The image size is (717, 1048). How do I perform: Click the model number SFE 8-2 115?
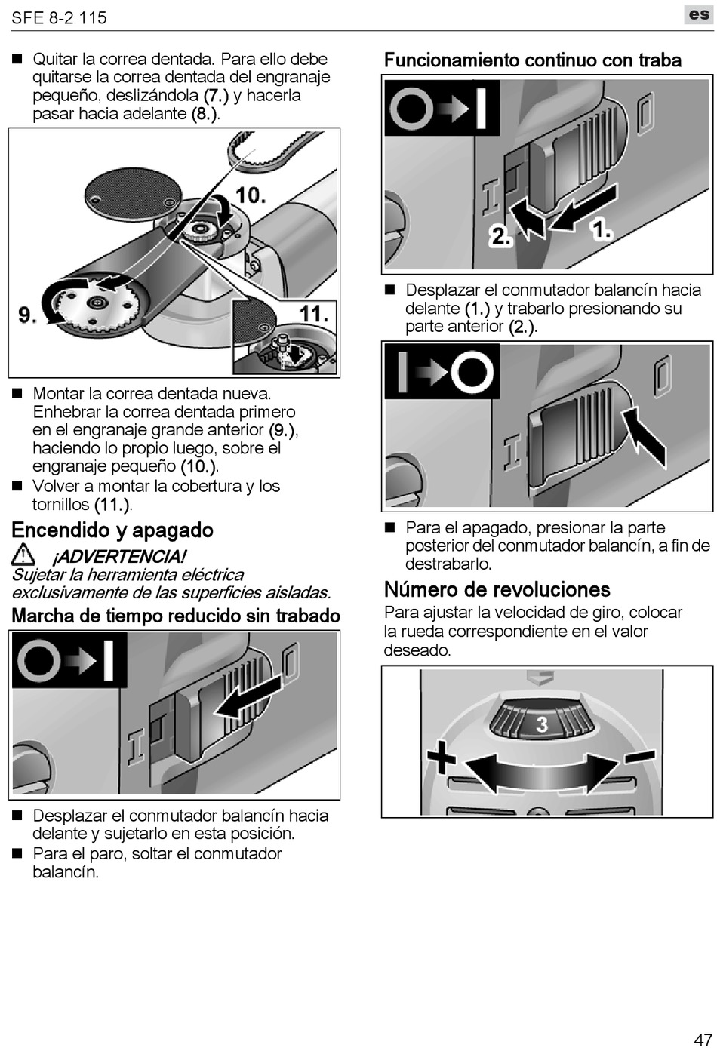click(59, 17)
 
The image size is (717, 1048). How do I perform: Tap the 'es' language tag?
click(697, 15)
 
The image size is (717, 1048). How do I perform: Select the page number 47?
click(703, 1038)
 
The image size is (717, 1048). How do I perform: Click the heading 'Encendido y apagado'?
click(112, 530)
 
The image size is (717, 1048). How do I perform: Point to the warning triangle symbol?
click(24, 556)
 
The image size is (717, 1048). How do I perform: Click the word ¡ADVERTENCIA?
click(118, 557)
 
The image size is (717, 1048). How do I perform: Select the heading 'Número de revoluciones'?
click(497, 589)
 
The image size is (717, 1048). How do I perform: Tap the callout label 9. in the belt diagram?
click(28, 314)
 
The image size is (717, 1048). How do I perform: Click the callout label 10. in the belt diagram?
click(251, 195)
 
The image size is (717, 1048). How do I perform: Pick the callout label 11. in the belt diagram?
click(314, 312)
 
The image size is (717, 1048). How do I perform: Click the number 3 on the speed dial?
click(542, 725)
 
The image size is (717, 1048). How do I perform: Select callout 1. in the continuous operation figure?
click(602, 229)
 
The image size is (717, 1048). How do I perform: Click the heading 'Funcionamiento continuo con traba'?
click(532, 60)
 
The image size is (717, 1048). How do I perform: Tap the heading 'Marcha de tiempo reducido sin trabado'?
click(176, 616)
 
